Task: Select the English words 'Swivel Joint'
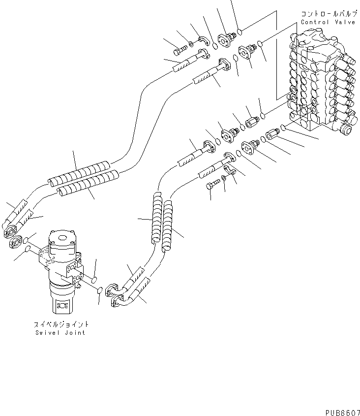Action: [60, 332]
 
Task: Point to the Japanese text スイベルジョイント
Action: [61, 324]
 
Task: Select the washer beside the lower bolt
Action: [223, 177]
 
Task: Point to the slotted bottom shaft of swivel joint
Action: [63, 305]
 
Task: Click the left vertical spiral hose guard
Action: [157, 217]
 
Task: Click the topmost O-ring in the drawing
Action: [239, 32]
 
